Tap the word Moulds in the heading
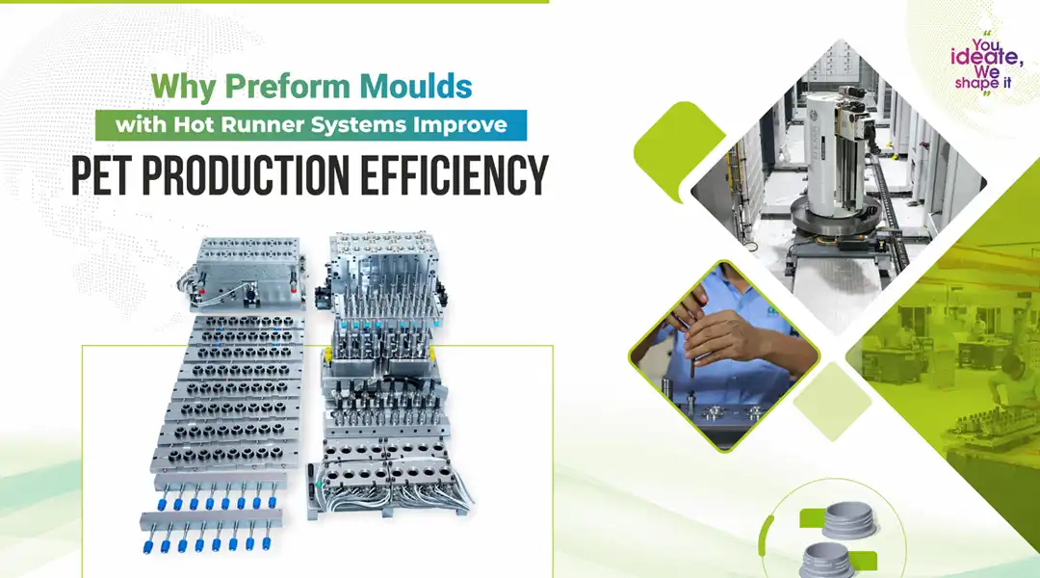(x=416, y=87)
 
